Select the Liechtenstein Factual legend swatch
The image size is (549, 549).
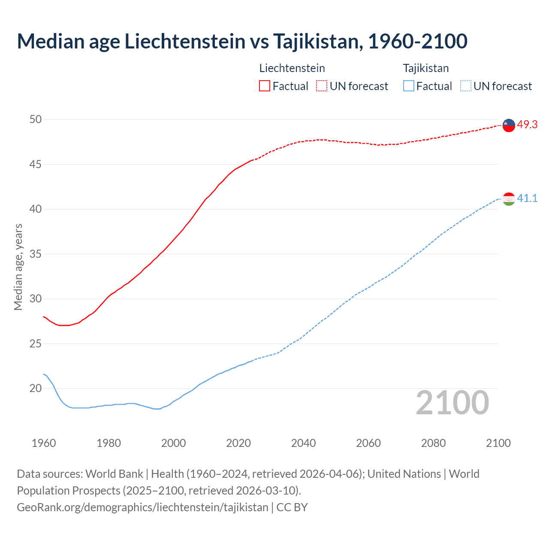click(x=265, y=86)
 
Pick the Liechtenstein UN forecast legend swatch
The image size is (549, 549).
click(x=322, y=86)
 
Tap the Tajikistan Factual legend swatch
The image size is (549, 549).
click(x=409, y=86)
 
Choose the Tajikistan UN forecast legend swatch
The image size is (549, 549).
click(x=466, y=86)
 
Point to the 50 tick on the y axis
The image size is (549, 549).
click(x=36, y=120)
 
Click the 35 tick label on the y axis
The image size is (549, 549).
click(x=36, y=254)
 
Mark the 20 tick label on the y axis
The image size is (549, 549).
click(x=36, y=389)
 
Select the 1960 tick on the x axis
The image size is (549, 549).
click(x=44, y=443)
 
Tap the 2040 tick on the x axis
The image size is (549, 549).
click(x=303, y=443)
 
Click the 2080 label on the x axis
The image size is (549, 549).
click(x=433, y=443)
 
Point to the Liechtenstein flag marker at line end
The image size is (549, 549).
click(x=509, y=125)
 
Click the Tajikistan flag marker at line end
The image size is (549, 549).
click(x=509, y=199)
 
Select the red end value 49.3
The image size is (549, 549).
click(x=527, y=125)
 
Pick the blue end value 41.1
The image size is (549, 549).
click(x=527, y=198)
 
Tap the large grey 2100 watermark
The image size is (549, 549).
click(x=452, y=403)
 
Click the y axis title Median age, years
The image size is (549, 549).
click(x=18, y=267)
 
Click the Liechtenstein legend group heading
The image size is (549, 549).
click(x=292, y=68)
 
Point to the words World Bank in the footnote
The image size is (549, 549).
click(x=114, y=474)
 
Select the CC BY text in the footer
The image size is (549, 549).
click(x=292, y=507)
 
